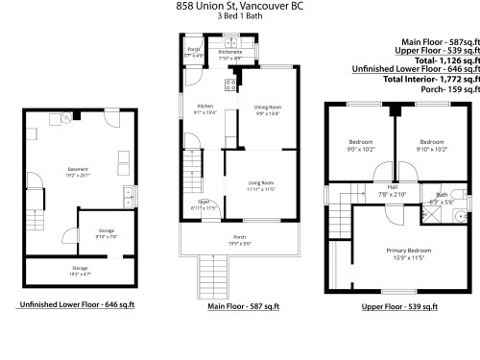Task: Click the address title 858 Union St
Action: [x=239, y=6]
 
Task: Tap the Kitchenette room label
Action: [x=230, y=56]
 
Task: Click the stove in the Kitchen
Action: [x=229, y=86]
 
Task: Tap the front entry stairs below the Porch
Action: [x=205, y=273]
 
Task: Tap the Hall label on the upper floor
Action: [x=392, y=188]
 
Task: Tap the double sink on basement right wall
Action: [x=126, y=198]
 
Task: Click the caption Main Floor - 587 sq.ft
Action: [x=243, y=306]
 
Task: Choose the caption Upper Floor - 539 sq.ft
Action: [x=399, y=306]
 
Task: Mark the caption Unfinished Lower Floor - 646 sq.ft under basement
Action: [x=77, y=304]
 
